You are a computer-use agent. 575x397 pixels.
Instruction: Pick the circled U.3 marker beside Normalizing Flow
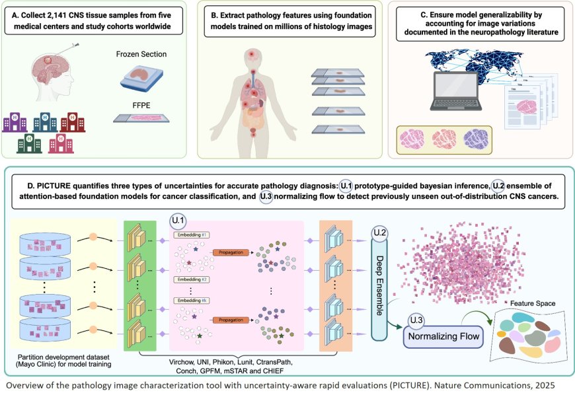[416, 321]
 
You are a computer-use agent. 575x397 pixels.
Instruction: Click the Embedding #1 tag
[191, 235]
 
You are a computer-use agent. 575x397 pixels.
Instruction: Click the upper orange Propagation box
[231, 252]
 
